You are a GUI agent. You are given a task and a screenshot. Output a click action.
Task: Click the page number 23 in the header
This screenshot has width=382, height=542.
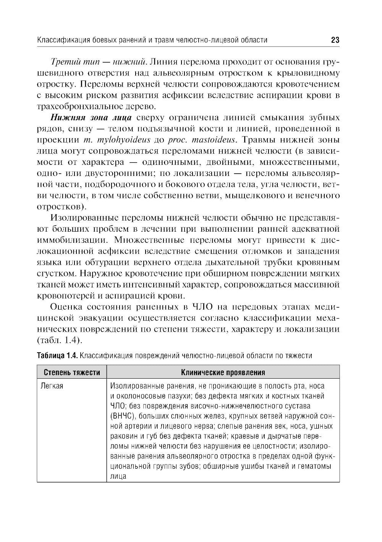tap(335, 40)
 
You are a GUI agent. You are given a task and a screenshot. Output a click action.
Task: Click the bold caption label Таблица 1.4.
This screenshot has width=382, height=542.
tap(57, 356)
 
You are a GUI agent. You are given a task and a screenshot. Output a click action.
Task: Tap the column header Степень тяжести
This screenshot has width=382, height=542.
tap(72, 372)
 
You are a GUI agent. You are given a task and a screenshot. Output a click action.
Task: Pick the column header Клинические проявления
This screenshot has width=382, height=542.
tap(223, 372)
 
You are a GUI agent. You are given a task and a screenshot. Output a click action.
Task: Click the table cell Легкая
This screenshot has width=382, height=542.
tap(52, 386)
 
